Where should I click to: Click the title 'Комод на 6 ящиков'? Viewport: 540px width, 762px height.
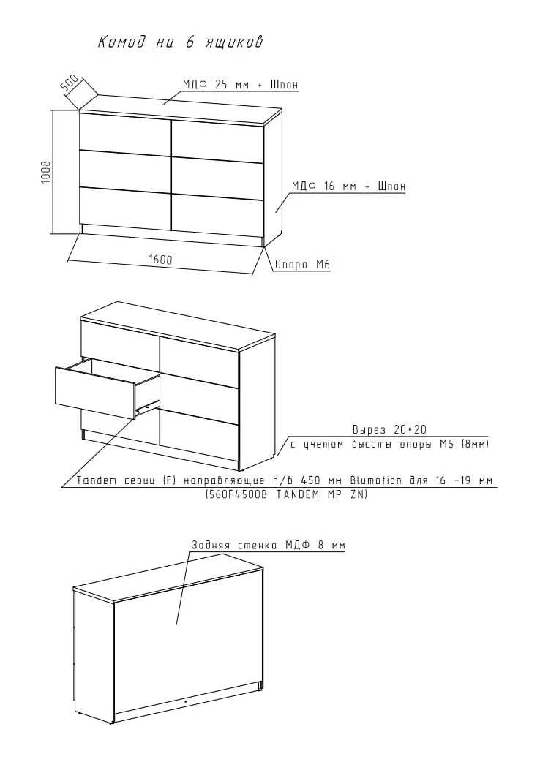click(181, 42)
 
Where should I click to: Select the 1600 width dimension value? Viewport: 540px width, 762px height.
click(160, 260)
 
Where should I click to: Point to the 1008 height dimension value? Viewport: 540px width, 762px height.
click(45, 172)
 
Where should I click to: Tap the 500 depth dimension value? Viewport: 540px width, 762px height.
click(70, 83)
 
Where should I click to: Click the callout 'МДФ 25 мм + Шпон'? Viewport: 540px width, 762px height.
click(240, 85)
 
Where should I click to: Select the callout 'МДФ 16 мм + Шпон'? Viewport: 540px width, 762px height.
click(348, 186)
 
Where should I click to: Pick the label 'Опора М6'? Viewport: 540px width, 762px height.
click(302, 265)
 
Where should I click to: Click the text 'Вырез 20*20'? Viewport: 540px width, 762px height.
click(389, 429)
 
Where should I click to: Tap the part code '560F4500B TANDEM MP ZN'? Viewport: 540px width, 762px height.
click(285, 494)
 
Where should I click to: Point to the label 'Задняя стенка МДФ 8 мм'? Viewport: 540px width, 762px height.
click(269, 546)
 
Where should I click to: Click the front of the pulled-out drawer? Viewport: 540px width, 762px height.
click(95, 393)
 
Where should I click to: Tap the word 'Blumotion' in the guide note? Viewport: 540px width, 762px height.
click(375, 481)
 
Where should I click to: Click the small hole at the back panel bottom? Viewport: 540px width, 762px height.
click(186, 701)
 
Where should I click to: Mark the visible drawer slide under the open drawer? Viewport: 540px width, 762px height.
click(148, 406)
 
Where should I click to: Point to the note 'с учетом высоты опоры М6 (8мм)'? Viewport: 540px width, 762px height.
click(389, 444)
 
